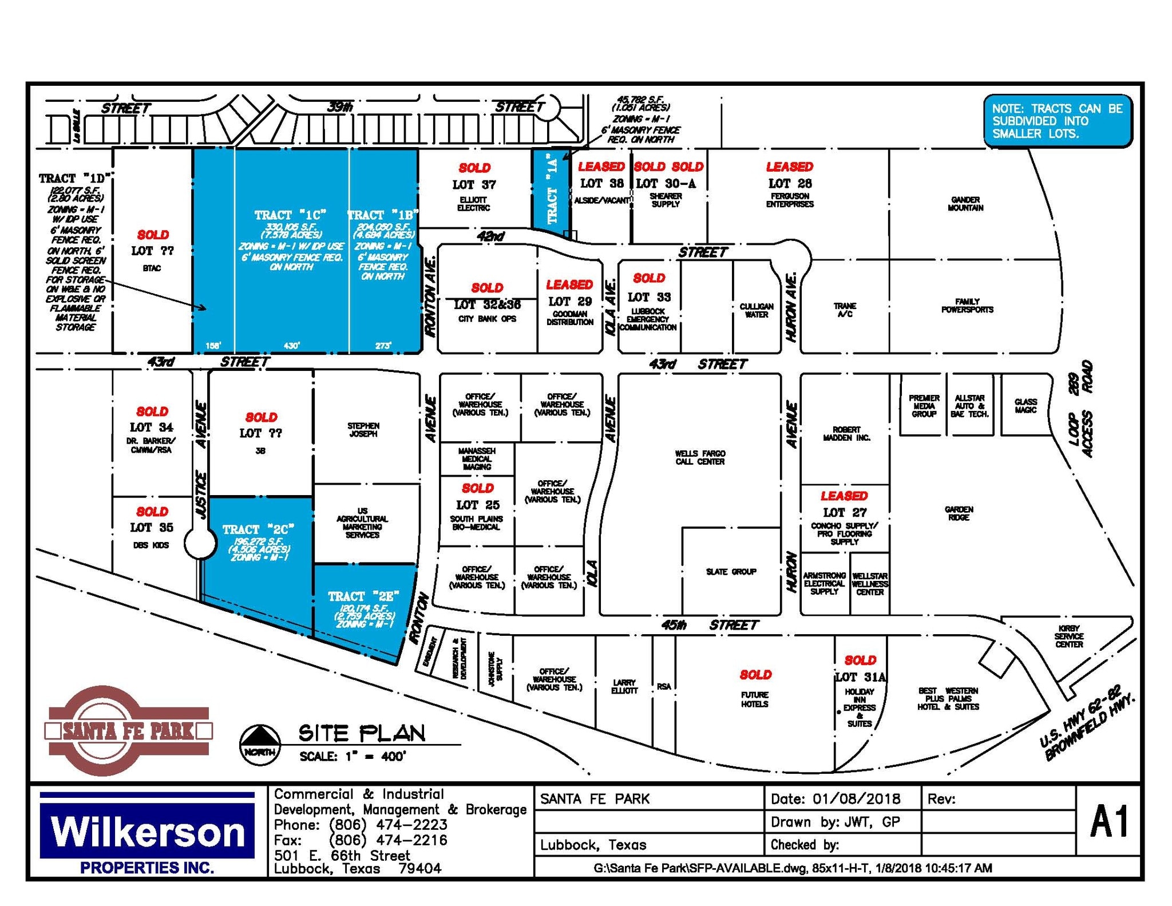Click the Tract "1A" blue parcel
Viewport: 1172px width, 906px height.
coord(551,189)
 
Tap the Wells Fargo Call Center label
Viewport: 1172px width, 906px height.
coord(700,457)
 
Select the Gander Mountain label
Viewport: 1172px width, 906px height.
coord(965,204)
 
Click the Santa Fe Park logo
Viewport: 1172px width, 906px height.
coord(129,730)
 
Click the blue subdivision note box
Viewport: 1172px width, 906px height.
coord(1058,121)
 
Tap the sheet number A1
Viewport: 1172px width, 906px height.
coord(1109,822)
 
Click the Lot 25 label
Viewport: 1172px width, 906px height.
coord(477,505)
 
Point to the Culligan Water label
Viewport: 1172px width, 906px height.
coord(757,310)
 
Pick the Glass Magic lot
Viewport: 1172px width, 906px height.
coord(1025,406)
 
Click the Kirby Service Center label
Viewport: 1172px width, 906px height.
coord(1069,636)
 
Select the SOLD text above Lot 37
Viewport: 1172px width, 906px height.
coord(474,168)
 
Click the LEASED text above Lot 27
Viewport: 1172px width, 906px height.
coord(844,496)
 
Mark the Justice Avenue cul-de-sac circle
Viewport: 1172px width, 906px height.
coord(200,543)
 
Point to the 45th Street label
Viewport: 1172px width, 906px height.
coord(710,625)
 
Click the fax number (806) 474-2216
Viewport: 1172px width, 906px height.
coord(388,840)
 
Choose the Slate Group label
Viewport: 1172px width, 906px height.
coord(731,571)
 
